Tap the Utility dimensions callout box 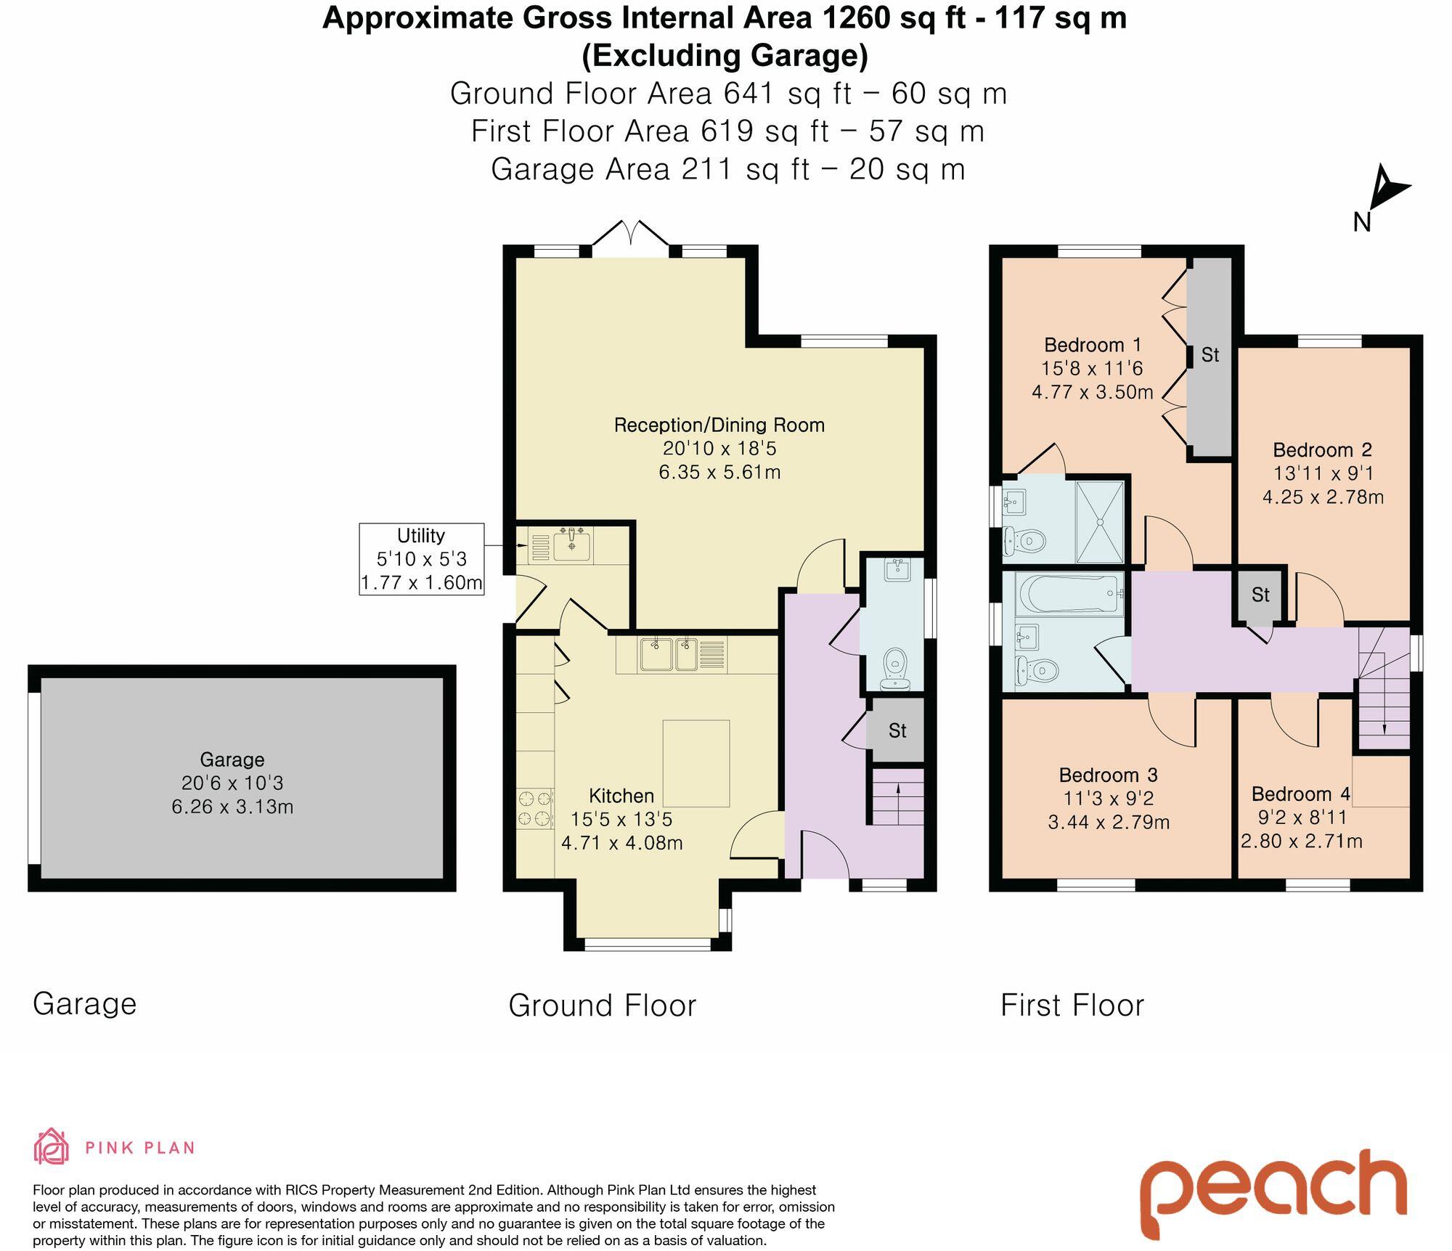(421, 559)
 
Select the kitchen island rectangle (696, 763)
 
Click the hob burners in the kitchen (535, 809)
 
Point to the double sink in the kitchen (669, 654)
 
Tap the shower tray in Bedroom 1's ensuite (1100, 521)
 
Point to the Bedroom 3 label (1108, 775)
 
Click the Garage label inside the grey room (232, 759)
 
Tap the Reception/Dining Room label (719, 425)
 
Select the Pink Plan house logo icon (52, 1146)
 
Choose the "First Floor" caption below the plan (1072, 1006)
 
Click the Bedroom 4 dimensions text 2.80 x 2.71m (1301, 841)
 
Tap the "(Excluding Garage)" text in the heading (725, 55)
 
